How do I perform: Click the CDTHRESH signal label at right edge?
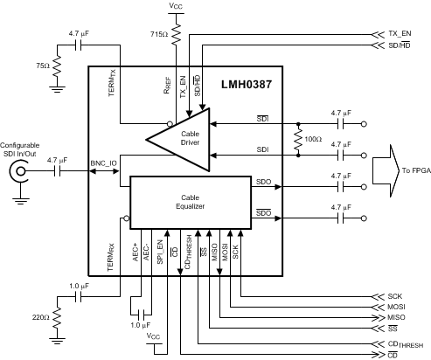pyautogui.click(x=401, y=343)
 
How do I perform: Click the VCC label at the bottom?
pyautogui.click(x=154, y=336)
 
